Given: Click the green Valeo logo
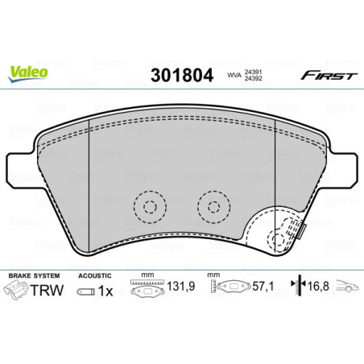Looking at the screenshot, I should click(x=29, y=70).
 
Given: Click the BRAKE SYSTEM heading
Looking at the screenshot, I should click(x=30, y=276).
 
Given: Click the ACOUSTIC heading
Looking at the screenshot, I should click(x=95, y=276).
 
